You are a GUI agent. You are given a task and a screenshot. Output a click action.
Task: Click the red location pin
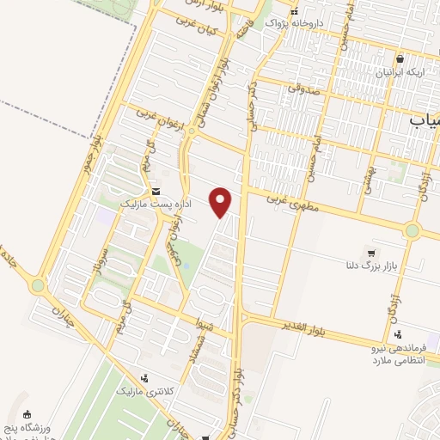222,201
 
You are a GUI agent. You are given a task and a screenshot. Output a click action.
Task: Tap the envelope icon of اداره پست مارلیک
156,192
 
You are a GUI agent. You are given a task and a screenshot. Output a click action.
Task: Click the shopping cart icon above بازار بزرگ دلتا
370,253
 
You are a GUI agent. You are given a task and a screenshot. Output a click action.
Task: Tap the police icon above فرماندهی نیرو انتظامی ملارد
396,334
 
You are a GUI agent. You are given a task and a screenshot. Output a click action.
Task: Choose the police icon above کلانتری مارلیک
144,376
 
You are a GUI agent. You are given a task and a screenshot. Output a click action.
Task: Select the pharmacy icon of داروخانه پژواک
294,13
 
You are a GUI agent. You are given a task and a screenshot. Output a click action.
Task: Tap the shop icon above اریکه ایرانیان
400,58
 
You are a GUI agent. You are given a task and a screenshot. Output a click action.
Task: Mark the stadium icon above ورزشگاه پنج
27,414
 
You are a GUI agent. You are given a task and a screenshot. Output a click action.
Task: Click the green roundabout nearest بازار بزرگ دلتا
413,231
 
